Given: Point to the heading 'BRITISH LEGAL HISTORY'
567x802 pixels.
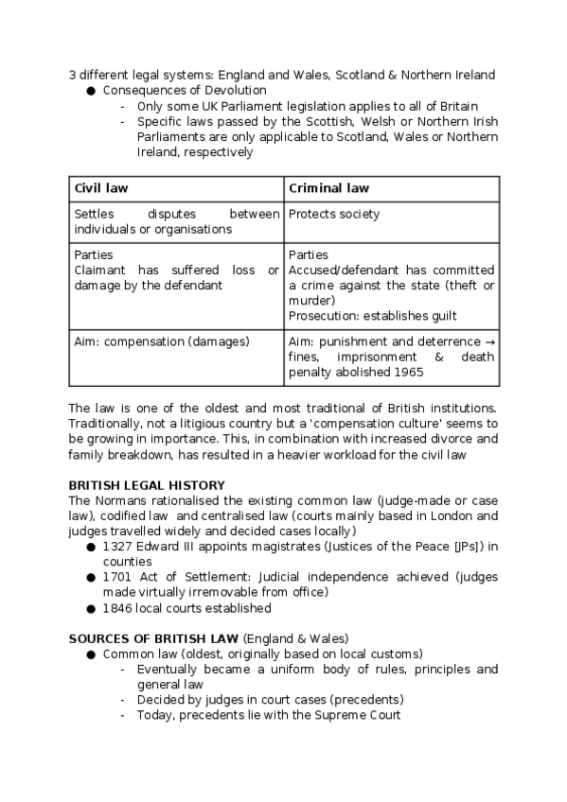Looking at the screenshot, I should [x=146, y=485].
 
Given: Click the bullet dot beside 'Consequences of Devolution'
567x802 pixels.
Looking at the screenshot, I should [x=91, y=91].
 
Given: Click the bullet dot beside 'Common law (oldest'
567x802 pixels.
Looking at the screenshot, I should [x=91, y=654].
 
